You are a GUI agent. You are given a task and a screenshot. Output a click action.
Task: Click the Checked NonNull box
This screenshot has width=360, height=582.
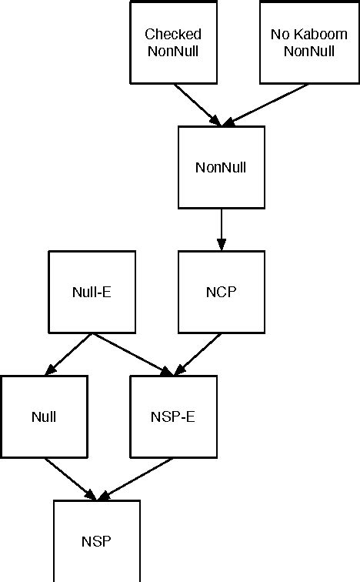(173, 42)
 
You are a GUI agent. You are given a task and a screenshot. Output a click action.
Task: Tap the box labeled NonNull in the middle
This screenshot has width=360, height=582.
(222, 168)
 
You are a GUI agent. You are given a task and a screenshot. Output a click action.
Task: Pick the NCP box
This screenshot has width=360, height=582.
(222, 293)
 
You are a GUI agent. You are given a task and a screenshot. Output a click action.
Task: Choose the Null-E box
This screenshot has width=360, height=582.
(92, 293)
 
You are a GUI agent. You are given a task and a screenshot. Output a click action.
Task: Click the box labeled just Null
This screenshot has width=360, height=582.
(44, 417)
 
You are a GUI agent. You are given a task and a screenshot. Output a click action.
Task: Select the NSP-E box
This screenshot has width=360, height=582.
(173, 417)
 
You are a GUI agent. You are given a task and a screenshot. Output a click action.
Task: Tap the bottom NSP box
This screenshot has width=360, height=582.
(96, 540)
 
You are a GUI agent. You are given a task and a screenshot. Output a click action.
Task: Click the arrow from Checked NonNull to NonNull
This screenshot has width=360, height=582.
(198, 105)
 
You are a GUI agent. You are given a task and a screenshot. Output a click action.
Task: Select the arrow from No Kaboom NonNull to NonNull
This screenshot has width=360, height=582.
(265, 105)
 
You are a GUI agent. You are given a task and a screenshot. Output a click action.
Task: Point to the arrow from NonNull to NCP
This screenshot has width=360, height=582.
(222, 229)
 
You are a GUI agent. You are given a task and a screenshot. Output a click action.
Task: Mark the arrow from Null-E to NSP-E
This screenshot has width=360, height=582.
(131, 355)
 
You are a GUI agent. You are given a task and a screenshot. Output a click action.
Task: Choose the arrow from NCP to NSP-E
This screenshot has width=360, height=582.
(198, 355)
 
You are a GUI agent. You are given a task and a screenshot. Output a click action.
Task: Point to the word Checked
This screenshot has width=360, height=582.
(173, 35)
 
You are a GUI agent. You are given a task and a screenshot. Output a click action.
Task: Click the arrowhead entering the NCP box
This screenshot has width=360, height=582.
(222, 245)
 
